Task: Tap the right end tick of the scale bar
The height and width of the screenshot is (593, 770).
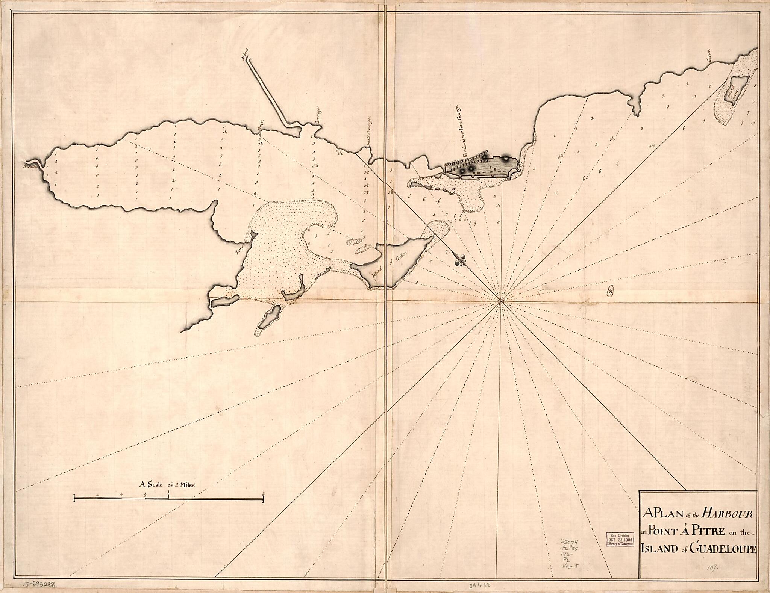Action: click(x=263, y=499)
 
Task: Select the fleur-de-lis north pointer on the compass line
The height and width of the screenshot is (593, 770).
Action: click(x=460, y=259)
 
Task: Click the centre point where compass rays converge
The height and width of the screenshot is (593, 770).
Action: click(x=500, y=300)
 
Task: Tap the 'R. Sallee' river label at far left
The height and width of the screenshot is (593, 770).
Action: click(x=30, y=165)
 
